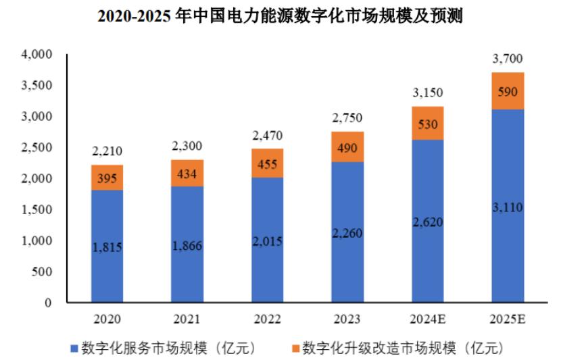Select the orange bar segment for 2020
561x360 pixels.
tap(107, 178)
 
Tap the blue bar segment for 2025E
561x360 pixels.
tap(508, 206)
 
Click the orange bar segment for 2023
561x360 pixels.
tap(347, 147)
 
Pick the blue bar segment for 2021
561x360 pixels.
tap(187, 245)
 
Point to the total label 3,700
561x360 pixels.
tap(508, 60)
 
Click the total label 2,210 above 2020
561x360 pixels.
tap(107, 151)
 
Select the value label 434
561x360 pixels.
tap(187, 174)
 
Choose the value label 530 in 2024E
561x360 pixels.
tap(428, 124)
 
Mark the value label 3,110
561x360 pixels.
tap(508, 207)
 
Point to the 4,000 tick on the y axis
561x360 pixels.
tap(38, 54)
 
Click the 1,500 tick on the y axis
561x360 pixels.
tap(38, 209)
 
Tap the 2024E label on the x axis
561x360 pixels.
tap(427, 318)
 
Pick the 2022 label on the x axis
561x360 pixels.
tap(267, 318)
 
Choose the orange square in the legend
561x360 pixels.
tap(293, 349)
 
